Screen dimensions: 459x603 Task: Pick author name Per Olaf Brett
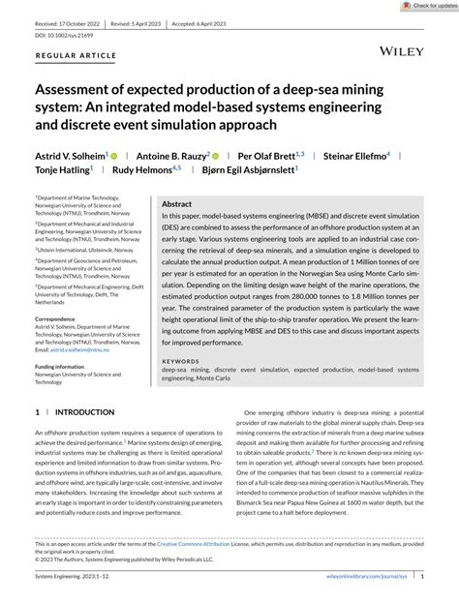[266, 155]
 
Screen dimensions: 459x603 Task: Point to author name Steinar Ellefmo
[354, 155]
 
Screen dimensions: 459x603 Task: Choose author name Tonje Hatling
[63, 169]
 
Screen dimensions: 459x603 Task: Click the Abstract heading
[176, 204]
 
